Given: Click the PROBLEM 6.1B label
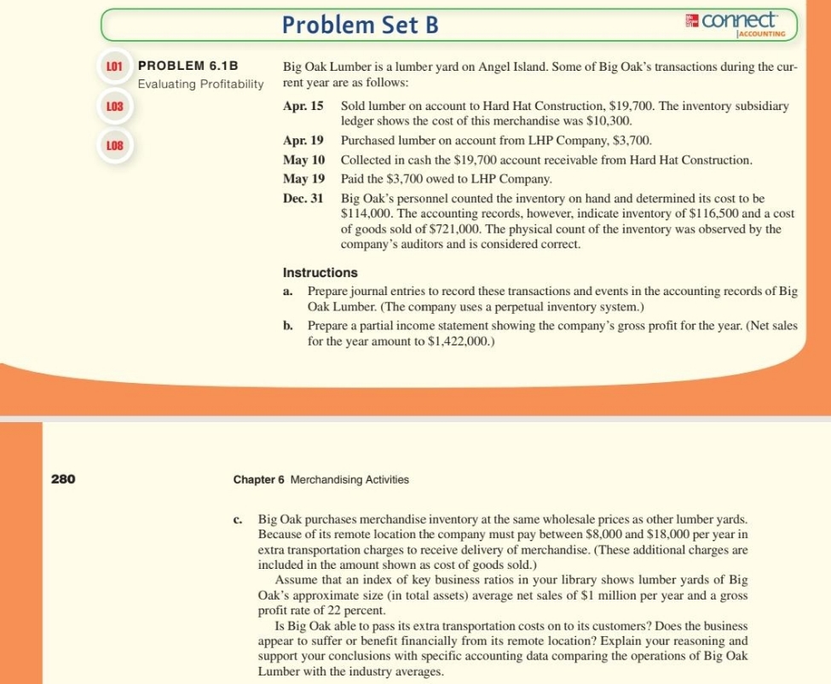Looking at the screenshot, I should [x=188, y=66].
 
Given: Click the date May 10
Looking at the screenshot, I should [x=303, y=159].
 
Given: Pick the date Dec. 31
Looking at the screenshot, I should [x=303, y=198].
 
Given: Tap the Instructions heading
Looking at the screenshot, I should [x=320, y=273].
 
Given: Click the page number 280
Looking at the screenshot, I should [x=63, y=479].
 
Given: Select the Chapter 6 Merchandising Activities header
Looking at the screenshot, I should [x=320, y=479].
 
